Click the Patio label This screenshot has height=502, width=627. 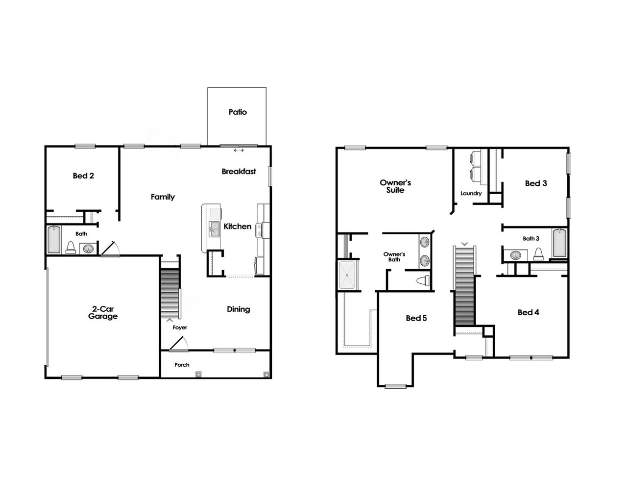point(238,112)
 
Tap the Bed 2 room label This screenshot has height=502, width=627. point(83,176)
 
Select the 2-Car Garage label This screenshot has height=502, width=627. point(103,313)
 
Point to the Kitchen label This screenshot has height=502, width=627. point(238,226)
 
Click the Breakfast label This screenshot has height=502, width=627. point(239,172)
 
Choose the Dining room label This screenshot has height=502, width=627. point(239,309)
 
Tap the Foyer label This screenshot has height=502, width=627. point(180,327)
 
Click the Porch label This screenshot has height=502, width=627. point(182,365)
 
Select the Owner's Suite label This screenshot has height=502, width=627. point(395,186)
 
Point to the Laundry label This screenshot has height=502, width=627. point(471,194)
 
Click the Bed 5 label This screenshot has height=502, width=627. point(416,318)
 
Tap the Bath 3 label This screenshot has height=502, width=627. point(531,239)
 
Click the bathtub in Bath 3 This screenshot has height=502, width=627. point(559,244)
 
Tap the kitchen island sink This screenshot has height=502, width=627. point(214,229)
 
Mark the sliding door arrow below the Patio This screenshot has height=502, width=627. point(239,151)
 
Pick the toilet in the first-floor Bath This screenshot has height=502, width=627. point(71,248)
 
